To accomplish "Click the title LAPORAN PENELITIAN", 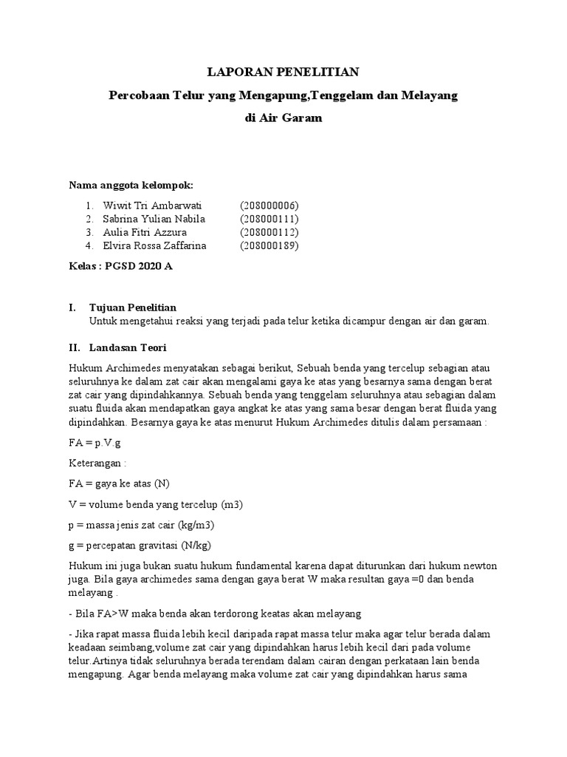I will pyautogui.click(x=283, y=72).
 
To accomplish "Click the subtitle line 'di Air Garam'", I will pyautogui.click(x=283, y=118).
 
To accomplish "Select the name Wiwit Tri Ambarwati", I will pyautogui.click(x=148, y=206).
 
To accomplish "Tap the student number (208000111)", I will pyautogui.click(x=269, y=219).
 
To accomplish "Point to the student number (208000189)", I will pyautogui.click(x=269, y=245).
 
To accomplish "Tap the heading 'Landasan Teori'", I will pyautogui.click(x=127, y=346).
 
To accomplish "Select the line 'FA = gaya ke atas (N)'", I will pyautogui.click(x=119, y=484).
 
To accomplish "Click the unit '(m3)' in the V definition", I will pyautogui.click(x=233, y=505).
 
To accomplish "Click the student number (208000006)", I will pyautogui.click(x=269, y=206).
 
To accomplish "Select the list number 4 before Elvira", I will pyautogui.click(x=89, y=245).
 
